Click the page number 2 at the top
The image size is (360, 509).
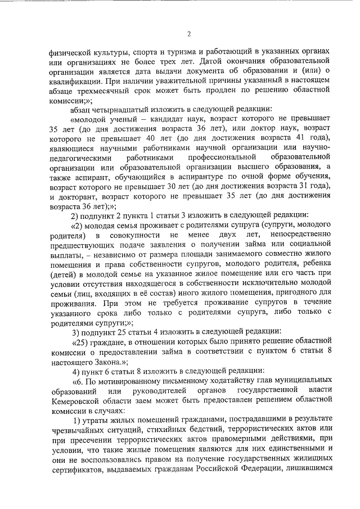coord(189,34)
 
